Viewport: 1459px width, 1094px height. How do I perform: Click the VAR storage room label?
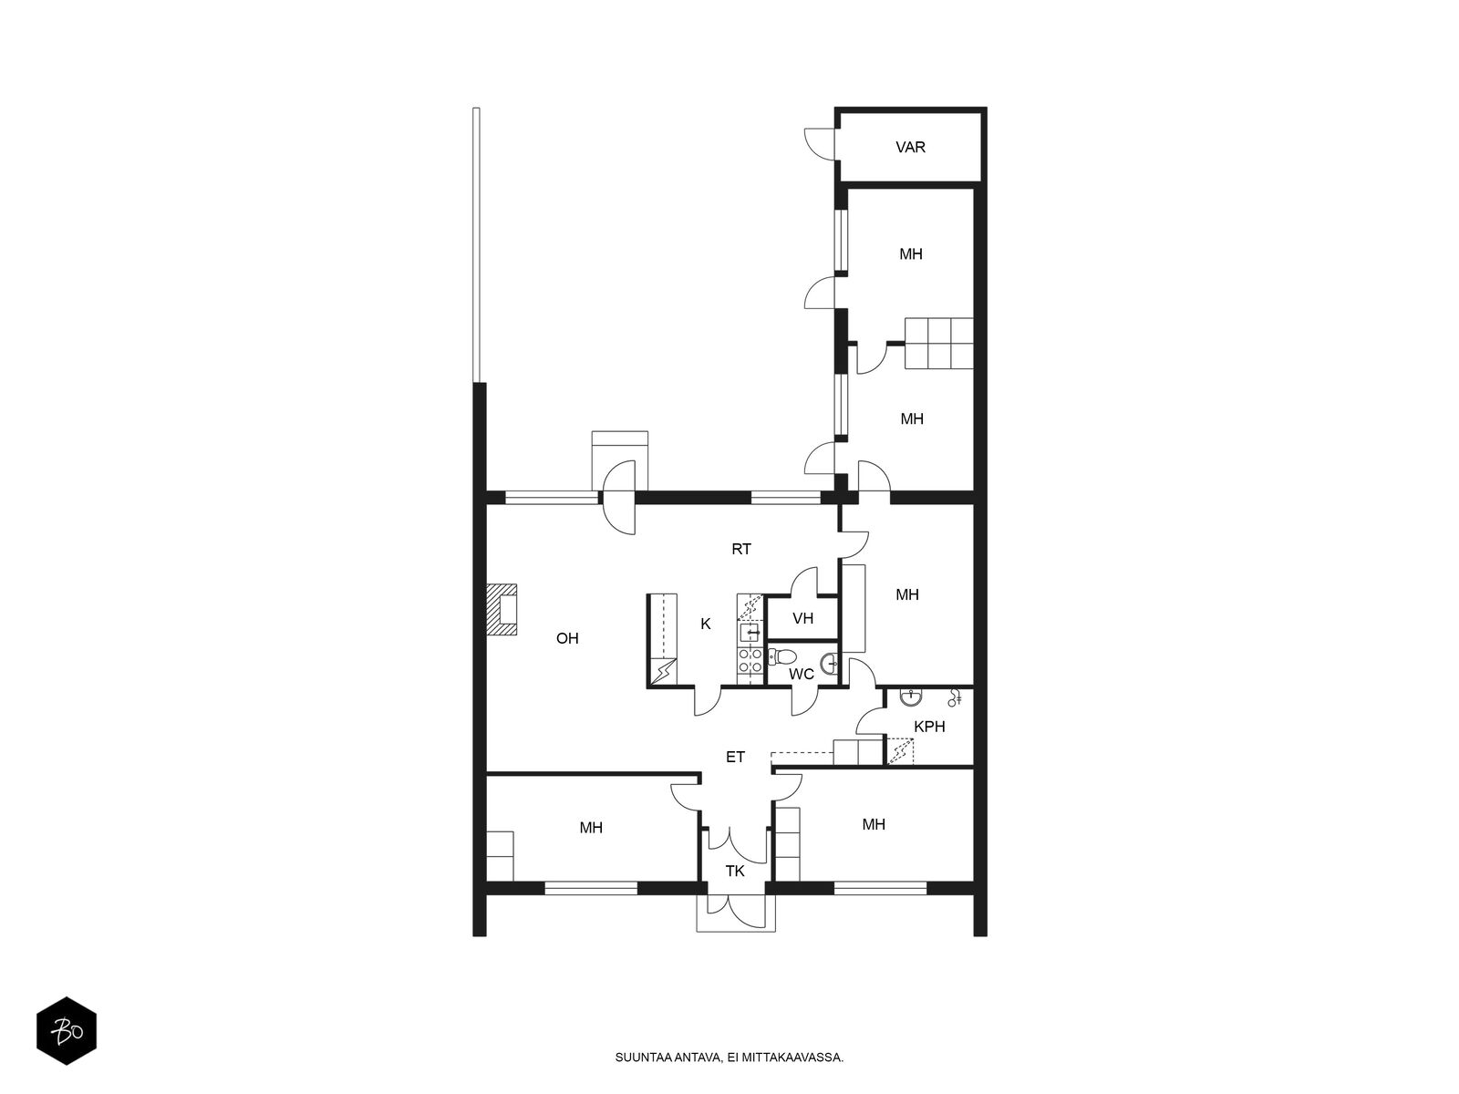910,147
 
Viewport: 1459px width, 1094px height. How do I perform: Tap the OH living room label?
567,638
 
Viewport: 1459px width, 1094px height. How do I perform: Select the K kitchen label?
705,624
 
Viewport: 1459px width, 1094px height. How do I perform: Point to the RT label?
741,550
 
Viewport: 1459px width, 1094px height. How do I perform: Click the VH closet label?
803,618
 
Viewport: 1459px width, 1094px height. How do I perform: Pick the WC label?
801,675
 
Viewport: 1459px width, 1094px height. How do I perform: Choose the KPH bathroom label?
929,727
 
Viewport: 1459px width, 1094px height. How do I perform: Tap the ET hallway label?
735,757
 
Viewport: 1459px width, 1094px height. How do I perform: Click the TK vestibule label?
735,871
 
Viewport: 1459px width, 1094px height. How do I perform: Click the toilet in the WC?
781,657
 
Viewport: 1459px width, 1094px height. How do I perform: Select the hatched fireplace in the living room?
502,610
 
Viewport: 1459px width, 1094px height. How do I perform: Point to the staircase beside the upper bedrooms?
938,343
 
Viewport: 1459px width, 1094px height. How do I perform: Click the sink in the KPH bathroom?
910,697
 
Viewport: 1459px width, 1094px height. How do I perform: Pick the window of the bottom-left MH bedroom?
591,886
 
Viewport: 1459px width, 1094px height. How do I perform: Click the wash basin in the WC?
830,662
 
